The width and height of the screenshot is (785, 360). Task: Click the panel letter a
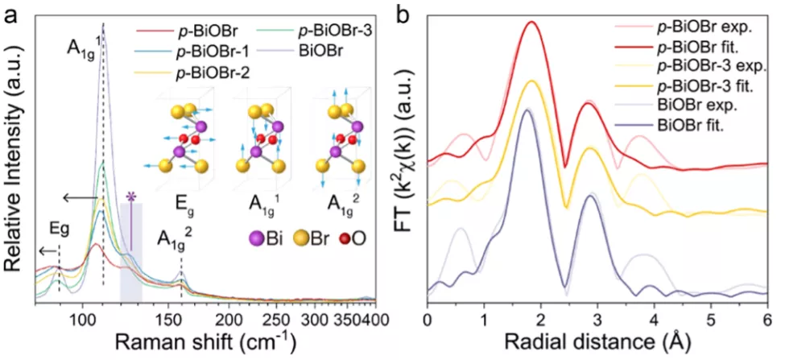(x=11, y=14)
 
